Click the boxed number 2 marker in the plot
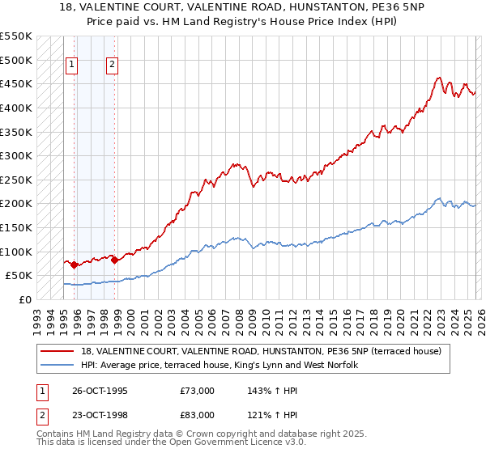coord(112,66)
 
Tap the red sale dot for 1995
coord(74,265)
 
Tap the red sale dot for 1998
coord(114,260)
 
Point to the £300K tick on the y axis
coord(16,155)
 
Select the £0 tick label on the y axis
coord(24,299)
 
